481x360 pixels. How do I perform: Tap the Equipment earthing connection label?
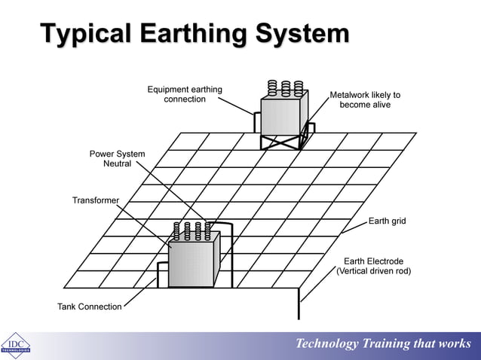(185, 95)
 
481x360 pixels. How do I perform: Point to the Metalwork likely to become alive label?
(365, 100)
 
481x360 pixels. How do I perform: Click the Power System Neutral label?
(117, 159)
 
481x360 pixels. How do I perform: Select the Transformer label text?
(96, 200)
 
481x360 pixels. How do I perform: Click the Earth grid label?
(387, 221)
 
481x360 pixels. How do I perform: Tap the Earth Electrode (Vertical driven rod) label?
(373, 266)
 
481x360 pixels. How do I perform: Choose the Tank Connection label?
(89, 307)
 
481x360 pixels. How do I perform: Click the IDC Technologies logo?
(15, 345)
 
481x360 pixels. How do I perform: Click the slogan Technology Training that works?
(383, 344)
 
